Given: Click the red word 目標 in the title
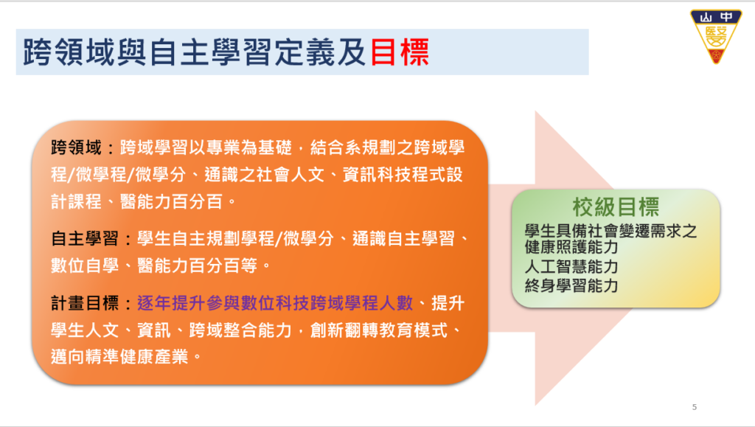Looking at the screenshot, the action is pyautogui.click(x=400, y=52).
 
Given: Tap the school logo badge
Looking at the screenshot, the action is pyautogui.click(x=715, y=36).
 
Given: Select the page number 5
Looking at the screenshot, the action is pyautogui.click(x=695, y=407).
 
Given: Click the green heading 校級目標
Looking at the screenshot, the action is pyautogui.click(x=616, y=207).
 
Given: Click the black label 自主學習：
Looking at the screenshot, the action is pyautogui.click(x=92, y=238).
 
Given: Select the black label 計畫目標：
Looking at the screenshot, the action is pyautogui.click(x=92, y=303).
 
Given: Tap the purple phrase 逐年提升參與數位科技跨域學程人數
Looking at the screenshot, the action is pyautogui.click(x=275, y=303).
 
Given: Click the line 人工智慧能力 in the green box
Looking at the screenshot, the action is pyautogui.click(x=571, y=267).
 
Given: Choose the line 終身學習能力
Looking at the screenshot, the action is pyautogui.click(x=571, y=286).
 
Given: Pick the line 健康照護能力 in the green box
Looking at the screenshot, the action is pyautogui.click(x=571, y=247).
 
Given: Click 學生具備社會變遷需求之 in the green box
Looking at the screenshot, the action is pyautogui.click(x=611, y=231).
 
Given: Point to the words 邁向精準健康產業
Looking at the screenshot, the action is pyautogui.click(x=119, y=357).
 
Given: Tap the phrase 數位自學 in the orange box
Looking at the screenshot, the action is pyautogui.click(x=85, y=265).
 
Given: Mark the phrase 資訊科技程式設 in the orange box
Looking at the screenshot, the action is pyautogui.click(x=403, y=175).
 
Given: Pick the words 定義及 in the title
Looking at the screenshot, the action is pyautogui.click(x=320, y=52).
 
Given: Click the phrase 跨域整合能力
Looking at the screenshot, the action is pyautogui.click(x=241, y=330).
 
